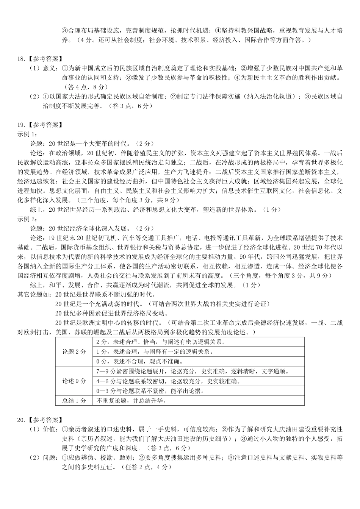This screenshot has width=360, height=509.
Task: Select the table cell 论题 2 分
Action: click(74, 352)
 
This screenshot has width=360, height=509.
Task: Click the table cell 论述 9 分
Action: click(74, 381)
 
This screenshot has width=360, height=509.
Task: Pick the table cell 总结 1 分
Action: click(74, 401)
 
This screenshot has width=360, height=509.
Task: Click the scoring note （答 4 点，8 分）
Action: click(89, 87)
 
